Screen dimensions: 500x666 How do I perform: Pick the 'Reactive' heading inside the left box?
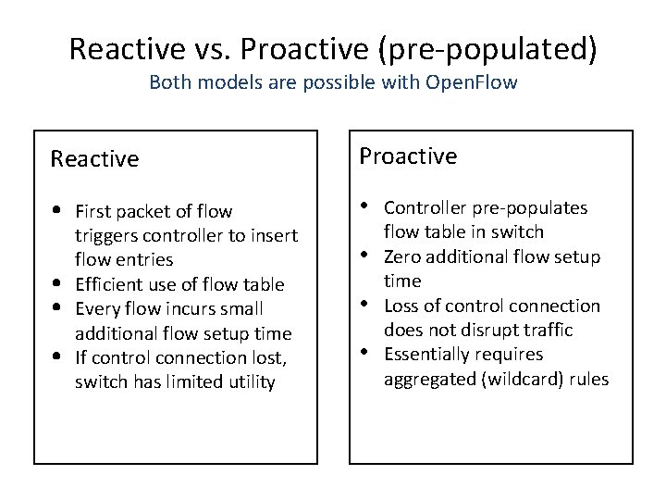[x=94, y=159]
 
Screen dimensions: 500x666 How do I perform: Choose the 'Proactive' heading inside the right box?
[x=408, y=156]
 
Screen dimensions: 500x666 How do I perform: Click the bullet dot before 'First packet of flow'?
[x=58, y=211]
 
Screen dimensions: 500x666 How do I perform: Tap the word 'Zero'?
[x=401, y=256]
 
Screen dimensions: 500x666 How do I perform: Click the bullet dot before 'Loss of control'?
[x=367, y=302]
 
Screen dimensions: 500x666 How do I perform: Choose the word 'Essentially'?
[x=425, y=354]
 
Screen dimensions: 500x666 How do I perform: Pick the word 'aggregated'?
[x=426, y=378]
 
